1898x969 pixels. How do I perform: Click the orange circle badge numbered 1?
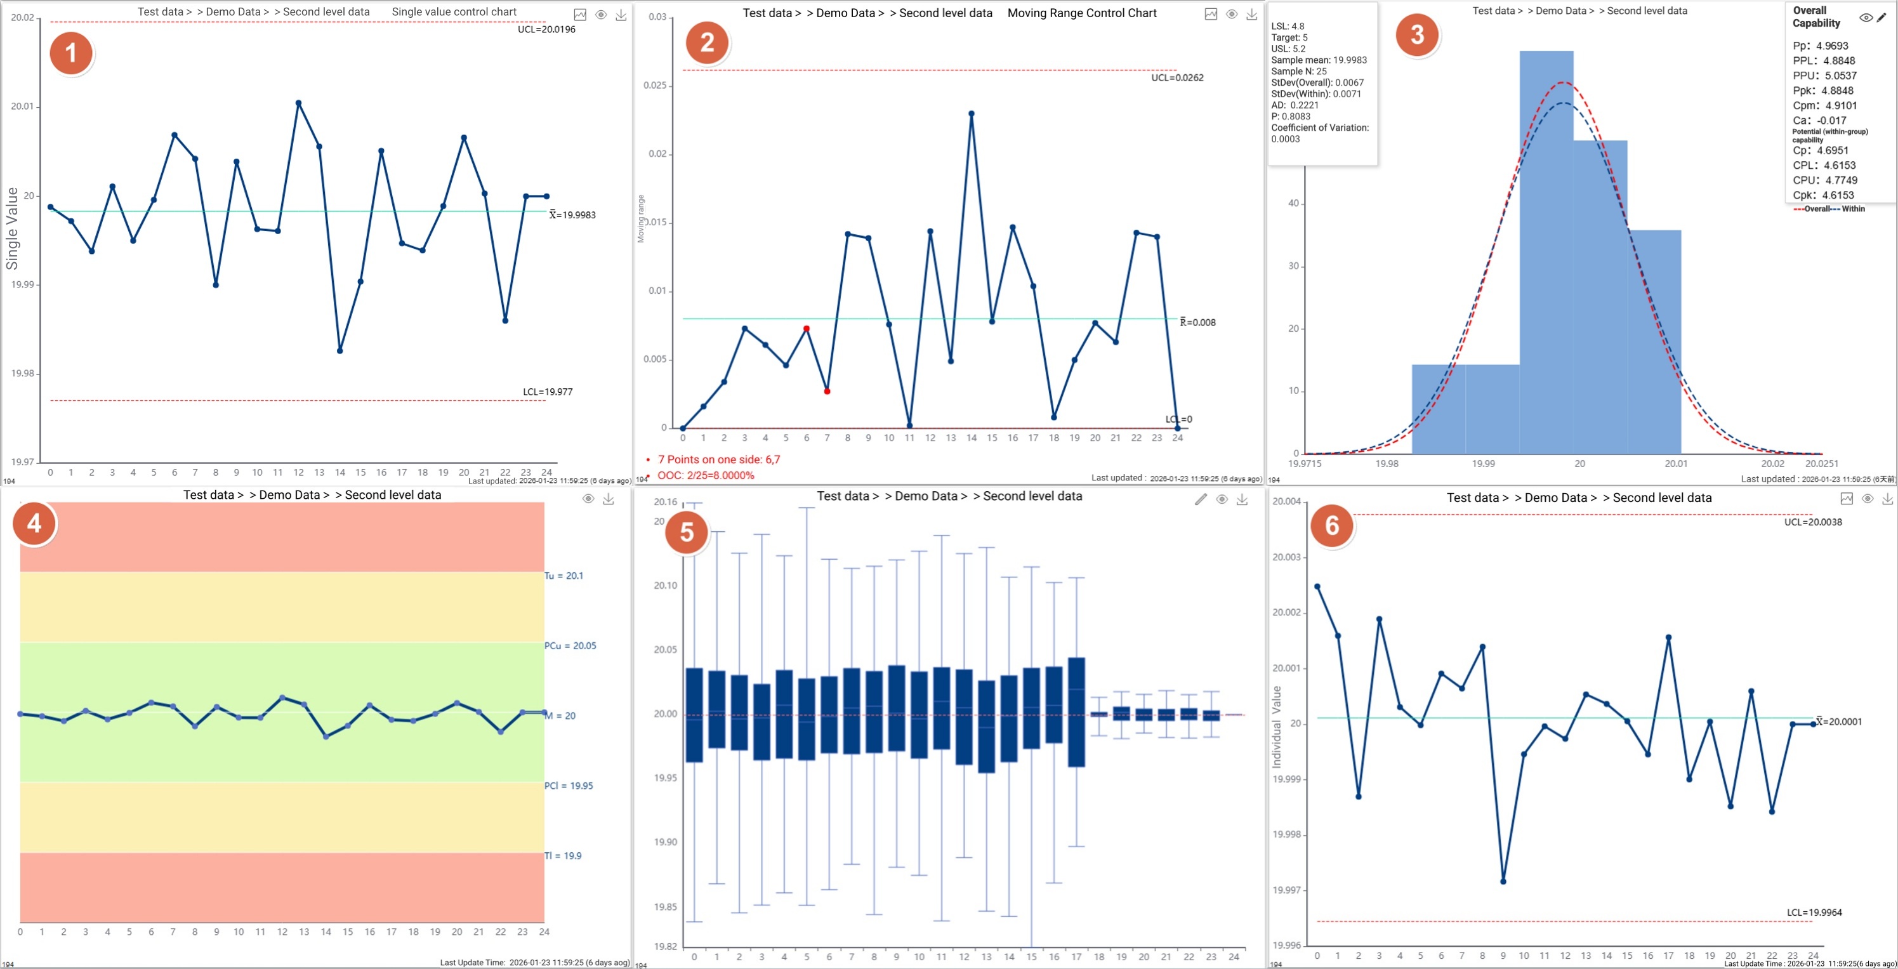(70, 53)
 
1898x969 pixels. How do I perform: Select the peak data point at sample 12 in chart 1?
(298, 103)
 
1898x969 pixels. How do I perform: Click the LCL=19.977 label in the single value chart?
(548, 392)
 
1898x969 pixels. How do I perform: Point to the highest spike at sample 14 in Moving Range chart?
(971, 114)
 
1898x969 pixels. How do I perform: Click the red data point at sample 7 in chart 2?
(827, 392)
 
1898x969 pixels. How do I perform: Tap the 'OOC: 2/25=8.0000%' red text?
(705, 475)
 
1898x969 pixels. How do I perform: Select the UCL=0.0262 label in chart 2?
(1176, 78)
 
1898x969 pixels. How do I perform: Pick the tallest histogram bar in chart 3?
(1546, 251)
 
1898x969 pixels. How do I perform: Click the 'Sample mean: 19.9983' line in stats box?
(1318, 60)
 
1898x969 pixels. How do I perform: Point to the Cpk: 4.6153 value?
(1823, 195)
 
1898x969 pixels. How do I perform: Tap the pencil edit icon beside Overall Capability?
(1881, 17)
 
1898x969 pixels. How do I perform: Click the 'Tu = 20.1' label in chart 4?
(563, 576)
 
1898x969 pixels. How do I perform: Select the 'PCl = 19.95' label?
(568, 786)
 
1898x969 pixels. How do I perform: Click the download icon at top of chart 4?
(608, 499)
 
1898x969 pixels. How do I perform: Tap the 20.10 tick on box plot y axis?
(664, 586)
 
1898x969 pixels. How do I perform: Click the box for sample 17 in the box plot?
(1076, 712)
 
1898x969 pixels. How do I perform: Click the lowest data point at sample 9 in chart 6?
(1503, 881)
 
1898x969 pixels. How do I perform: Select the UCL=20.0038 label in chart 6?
(1812, 522)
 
